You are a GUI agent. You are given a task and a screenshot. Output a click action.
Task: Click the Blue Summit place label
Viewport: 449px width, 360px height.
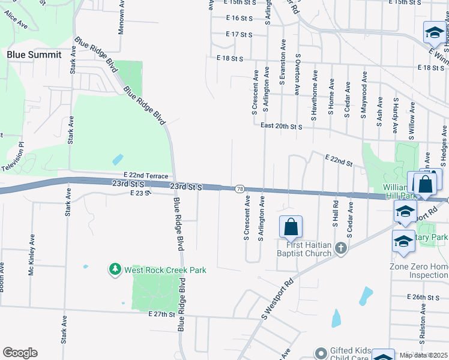34,55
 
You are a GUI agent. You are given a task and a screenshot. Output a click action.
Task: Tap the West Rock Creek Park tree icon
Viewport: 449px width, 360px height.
115,270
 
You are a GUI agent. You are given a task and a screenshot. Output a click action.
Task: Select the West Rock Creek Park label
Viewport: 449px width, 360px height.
165,270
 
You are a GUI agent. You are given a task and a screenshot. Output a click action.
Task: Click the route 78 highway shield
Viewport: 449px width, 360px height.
240,189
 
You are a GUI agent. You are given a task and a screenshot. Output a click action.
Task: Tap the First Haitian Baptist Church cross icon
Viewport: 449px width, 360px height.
340,248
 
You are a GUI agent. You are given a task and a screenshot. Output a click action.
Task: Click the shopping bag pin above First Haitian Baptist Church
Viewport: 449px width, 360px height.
291,227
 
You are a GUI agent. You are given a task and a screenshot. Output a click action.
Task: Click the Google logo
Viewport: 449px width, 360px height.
20,353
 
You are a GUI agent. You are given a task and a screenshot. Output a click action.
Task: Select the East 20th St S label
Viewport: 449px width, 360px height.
281,126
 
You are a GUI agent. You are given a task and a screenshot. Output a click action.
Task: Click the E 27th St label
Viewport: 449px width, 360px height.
161,314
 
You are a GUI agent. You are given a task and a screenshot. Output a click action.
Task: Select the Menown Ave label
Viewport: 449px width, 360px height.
121,17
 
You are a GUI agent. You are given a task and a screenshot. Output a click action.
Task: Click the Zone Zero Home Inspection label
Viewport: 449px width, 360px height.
419,271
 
